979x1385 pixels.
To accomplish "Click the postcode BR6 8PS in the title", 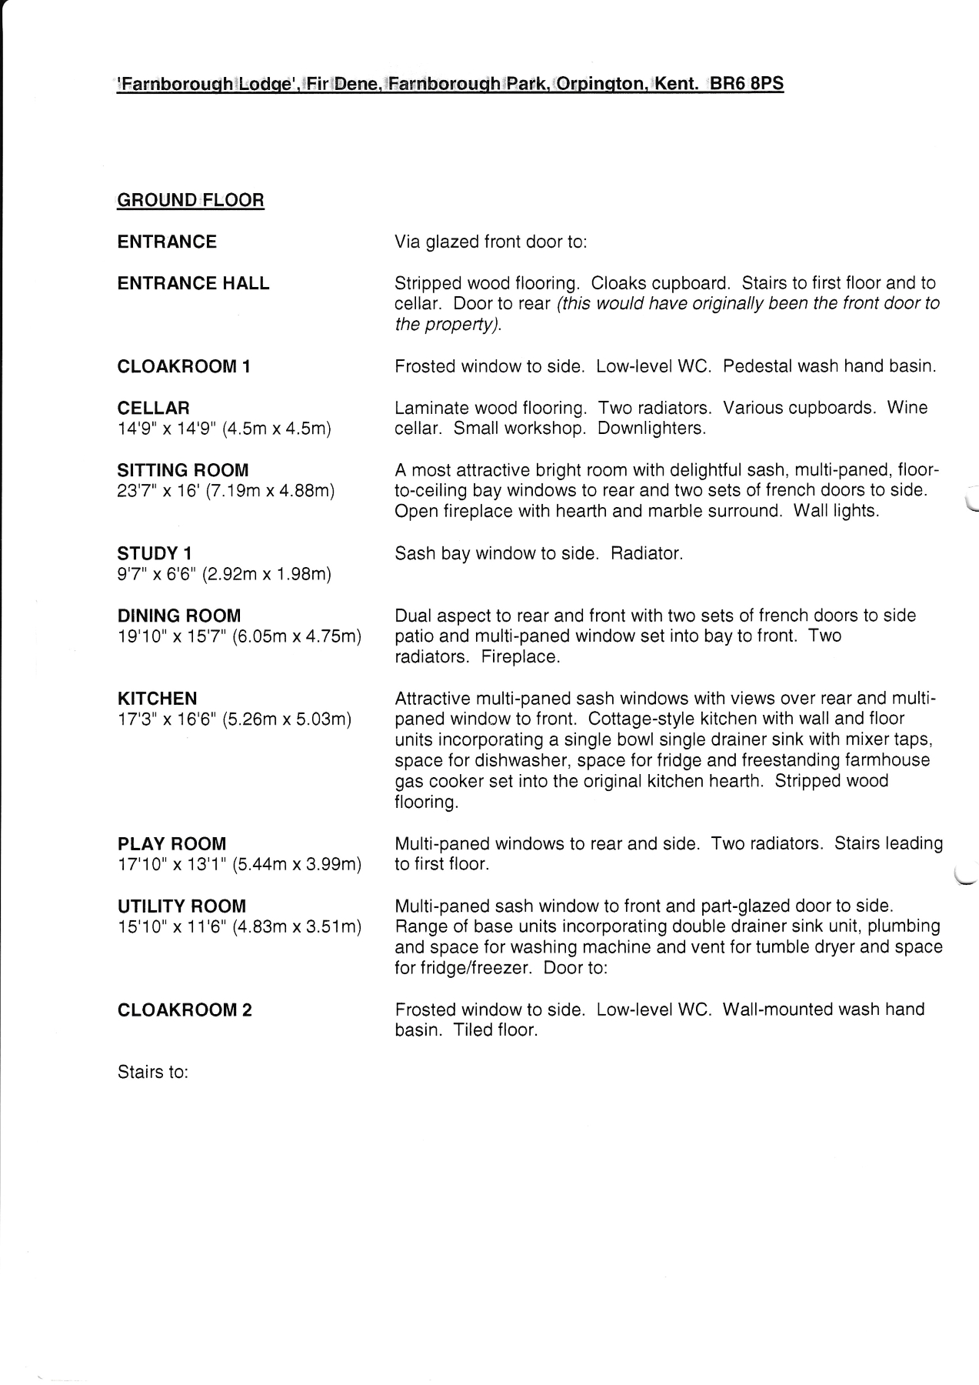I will [x=745, y=84].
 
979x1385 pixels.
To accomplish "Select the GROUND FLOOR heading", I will [x=191, y=201].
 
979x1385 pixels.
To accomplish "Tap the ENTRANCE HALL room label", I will [x=193, y=284].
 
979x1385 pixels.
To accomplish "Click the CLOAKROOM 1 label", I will [x=184, y=367].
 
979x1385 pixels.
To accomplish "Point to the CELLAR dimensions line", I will [x=224, y=429].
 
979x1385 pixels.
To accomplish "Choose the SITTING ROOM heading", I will [x=183, y=471].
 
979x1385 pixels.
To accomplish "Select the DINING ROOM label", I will [x=179, y=616].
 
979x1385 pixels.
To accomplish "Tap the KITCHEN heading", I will [x=157, y=699].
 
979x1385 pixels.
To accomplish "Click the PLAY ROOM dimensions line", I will [x=239, y=865].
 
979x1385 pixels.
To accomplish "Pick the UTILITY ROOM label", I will [x=181, y=906].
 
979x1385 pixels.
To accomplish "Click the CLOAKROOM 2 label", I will [x=185, y=1010].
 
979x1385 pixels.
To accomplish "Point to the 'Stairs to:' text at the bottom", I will [x=153, y=1072].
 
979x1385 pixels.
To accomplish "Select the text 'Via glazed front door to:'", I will [x=491, y=242].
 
